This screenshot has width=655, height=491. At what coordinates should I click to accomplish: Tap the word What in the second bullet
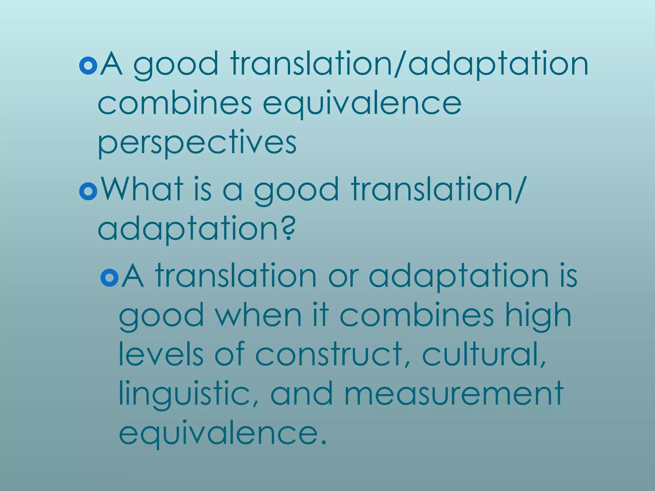(x=142, y=189)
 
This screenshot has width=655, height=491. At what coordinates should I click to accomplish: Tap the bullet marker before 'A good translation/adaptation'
(x=88, y=66)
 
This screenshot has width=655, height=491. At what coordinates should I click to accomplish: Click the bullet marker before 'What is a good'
(x=88, y=191)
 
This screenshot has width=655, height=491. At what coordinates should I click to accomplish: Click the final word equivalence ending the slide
(x=223, y=433)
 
